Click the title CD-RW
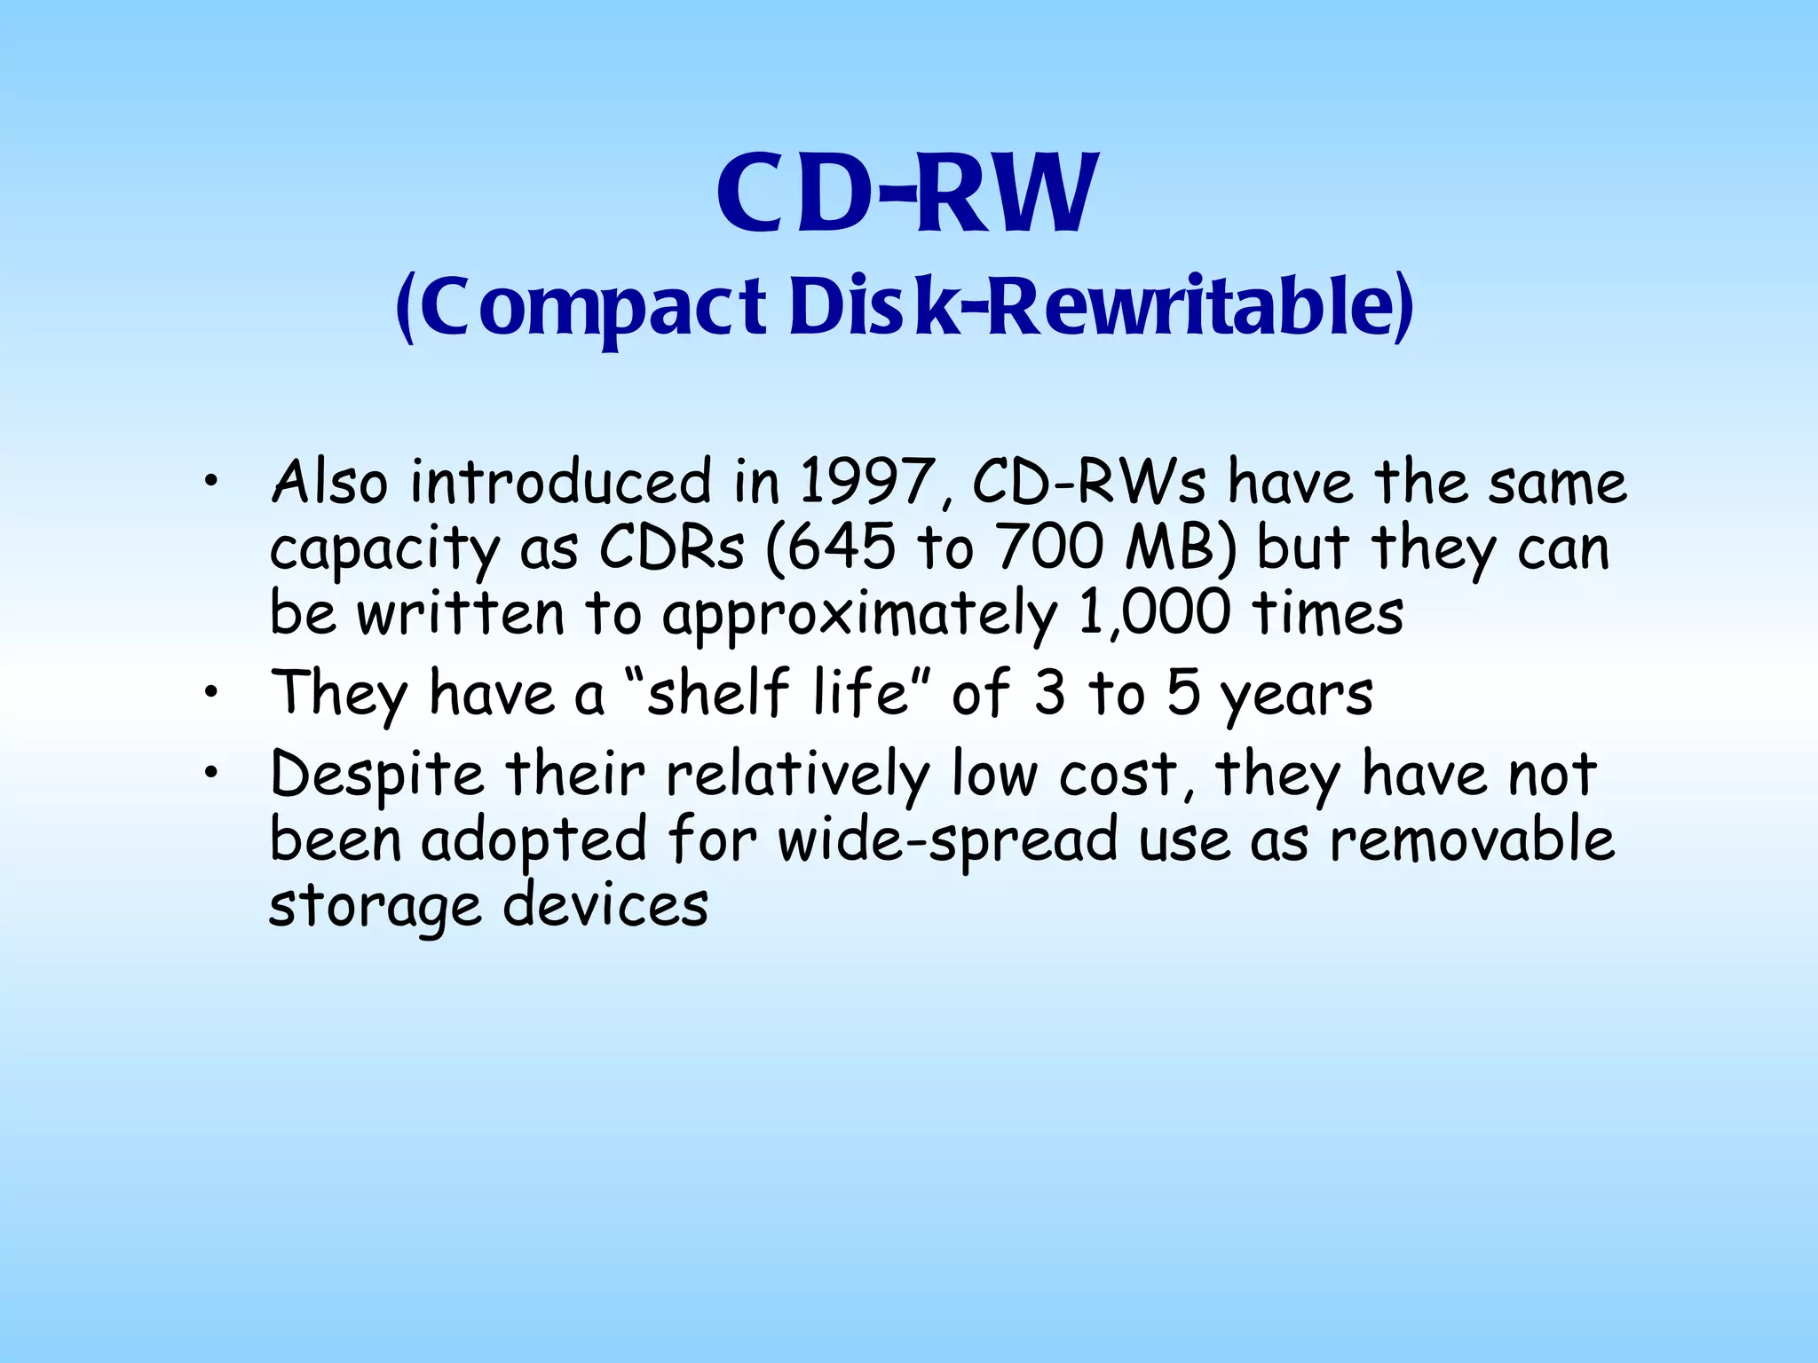(x=907, y=193)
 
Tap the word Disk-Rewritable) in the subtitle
(x=1101, y=306)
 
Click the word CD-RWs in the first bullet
(x=1089, y=483)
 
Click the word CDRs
(x=671, y=548)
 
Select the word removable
(x=1472, y=840)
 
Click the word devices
(x=605, y=906)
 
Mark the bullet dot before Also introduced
(x=209, y=483)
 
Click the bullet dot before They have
(x=209, y=693)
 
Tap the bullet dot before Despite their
(x=209, y=774)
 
